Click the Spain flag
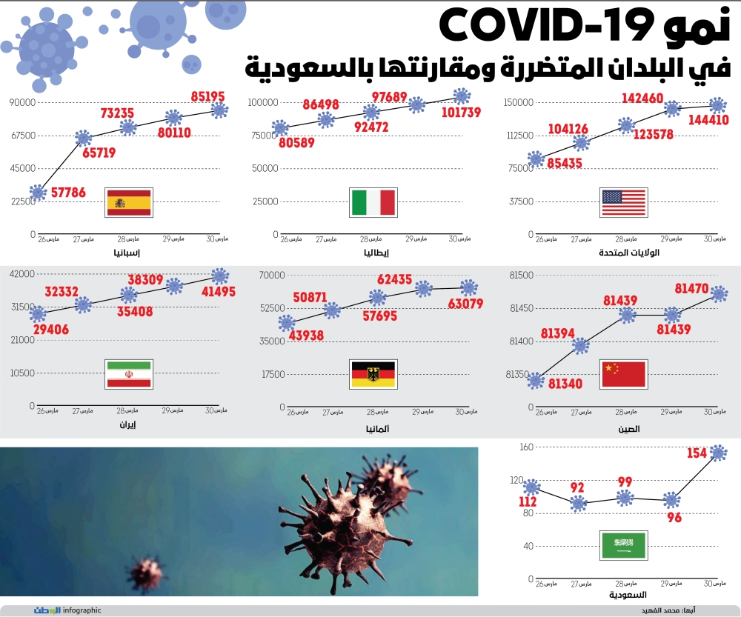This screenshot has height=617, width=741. (x=129, y=202)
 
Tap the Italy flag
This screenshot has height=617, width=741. (x=373, y=201)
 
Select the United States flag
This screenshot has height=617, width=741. (x=624, y=201)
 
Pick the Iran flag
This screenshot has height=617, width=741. (x=129, y=375)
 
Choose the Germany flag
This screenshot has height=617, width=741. (x=373, y=374)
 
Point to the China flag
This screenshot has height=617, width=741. (x=624, y=374)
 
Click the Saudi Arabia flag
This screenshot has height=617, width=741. (x=624, y=546)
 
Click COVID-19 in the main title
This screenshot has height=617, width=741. (x=549, y=28)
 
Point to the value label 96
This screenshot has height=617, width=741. (x=674, y=518)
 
